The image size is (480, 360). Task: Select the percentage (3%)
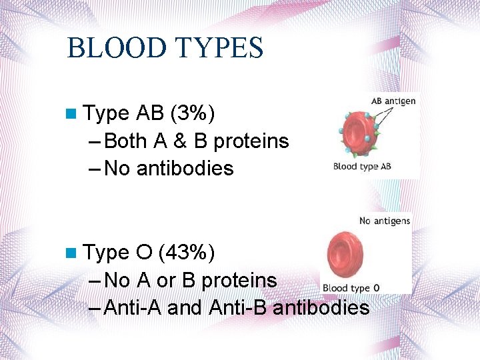pyautogui.click(x=193, y=114)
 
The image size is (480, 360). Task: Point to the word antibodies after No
pyautogui.click(x=185, y=169)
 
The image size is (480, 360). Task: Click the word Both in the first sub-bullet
pyautogui.click(x=126, y=141)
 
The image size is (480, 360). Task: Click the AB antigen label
pyautogui.click(x=393, y=101)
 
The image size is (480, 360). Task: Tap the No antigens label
pyautogui.click(x=385, y=221)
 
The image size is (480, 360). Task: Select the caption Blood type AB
pyautogui.click(x=362, y=167)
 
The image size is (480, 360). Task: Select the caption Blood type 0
pyautogui.click(x=351, y=288)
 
